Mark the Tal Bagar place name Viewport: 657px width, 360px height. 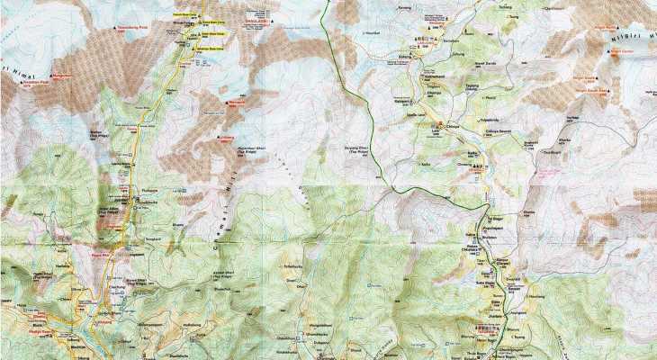pos(495,218)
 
